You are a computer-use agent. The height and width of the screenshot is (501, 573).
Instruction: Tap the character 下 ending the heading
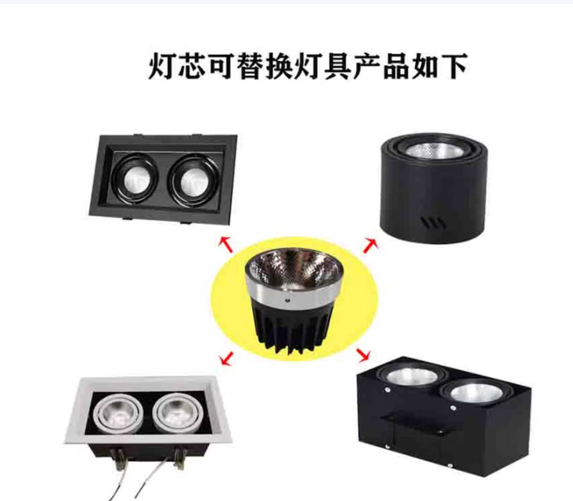point(454,66)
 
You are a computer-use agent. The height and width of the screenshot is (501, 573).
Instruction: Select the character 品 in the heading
point(395,66)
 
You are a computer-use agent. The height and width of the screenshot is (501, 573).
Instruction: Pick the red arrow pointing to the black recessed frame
point(226,244)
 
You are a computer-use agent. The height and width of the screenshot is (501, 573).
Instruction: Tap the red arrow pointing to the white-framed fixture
point(226,358)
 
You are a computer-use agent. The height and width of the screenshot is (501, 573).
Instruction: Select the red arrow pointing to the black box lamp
point(364,355)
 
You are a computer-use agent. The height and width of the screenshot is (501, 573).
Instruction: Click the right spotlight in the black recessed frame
point(193,178)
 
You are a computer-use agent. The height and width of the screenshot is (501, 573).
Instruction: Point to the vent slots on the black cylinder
point(434,222)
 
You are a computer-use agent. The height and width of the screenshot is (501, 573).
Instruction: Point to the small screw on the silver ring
point(286,301)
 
